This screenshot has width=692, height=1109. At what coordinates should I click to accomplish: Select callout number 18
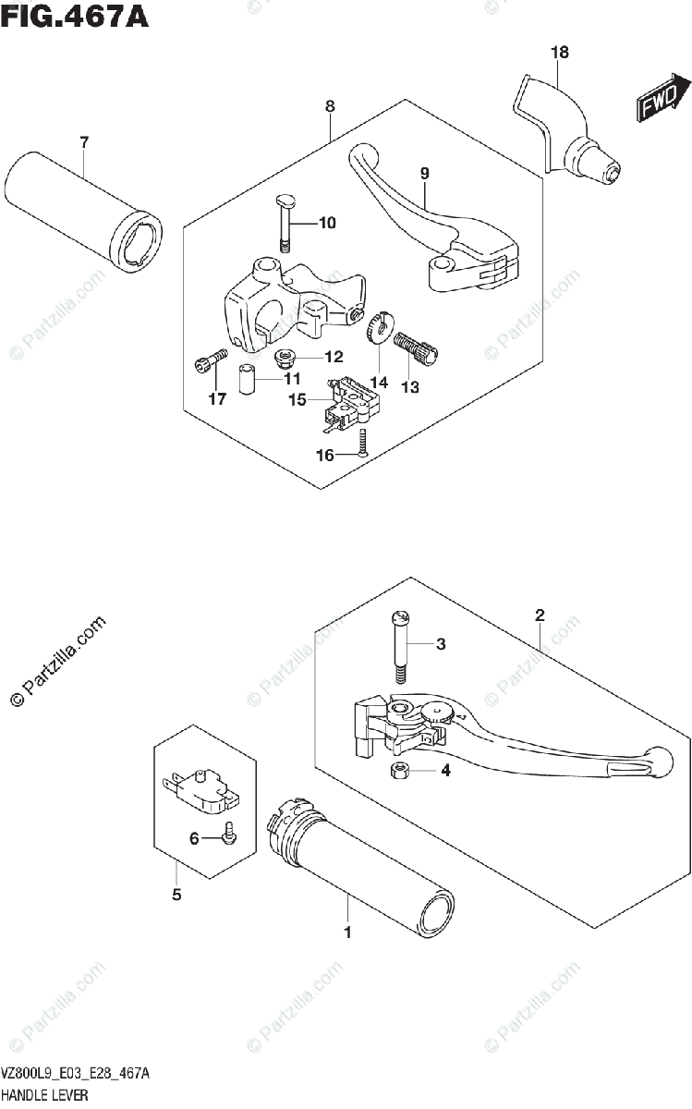tap(560, 53)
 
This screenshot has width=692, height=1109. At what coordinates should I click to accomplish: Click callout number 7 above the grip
tap(84, 141)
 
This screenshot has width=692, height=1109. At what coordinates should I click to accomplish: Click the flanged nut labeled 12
tap(285, 356)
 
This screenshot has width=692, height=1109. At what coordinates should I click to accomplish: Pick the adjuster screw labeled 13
tap(419, 347)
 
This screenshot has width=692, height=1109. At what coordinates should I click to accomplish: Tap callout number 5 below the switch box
tap(176, 895)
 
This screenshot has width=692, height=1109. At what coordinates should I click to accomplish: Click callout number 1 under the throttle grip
tap(348, 932)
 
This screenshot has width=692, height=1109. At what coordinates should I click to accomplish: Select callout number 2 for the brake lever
tap(539, 615)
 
